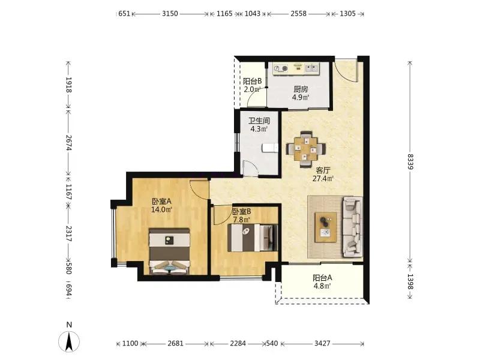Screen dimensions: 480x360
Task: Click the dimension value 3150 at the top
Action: pyautogui.click(x=170, y=14)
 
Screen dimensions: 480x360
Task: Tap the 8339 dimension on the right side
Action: pyautogui.click(x=410, y=161)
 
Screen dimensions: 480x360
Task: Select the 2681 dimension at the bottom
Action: pyautogui.click(x=175, y=343)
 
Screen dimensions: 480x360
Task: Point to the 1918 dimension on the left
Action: pyautogui.click(x=68, y=85)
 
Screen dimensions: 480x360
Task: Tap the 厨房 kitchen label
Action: pyautogui.click(x=301, y=89)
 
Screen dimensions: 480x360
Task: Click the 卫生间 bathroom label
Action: pyautogui.click(x=259, y=121)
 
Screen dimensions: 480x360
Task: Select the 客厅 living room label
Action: pyautogui.click(x=323, y=170)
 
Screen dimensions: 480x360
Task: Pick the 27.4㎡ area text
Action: pyautogui.click(x=323, y=178)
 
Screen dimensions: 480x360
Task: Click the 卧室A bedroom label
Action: pyautogui.click(x=161, y=202)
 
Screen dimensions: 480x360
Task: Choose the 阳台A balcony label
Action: pyautogui.click(x=322, y=278)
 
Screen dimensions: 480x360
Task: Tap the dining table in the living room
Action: pyautogui.click(x=306, y=149)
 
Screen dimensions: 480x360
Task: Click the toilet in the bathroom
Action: pyautogui.click(x=269, y=148)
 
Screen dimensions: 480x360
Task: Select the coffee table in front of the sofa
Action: pyautogui.click(x=326, y=227)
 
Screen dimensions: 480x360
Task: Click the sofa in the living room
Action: pyautogui.click(x=352, y=227)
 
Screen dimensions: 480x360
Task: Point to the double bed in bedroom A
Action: pyautogui.click(x=169, y=251)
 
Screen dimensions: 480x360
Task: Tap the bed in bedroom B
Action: pyautogui.click(x=253, y=238)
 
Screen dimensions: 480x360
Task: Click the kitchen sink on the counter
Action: pyautogui.click(x=312, y=68)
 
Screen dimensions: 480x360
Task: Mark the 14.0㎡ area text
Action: pyautogui.click(x=161, y=209)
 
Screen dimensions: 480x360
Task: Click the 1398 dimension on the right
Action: pyautogui.click(x=410, y=281)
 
